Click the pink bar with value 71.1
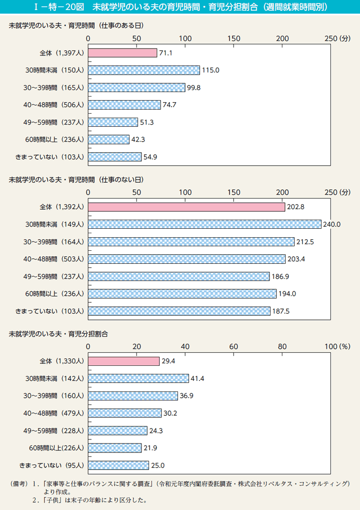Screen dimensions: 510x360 click(x=122, y=53)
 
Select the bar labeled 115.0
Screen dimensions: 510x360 click(x=144, y=70)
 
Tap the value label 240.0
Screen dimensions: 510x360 click(x=331, y=224)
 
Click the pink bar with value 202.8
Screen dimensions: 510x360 click(x=186, y=207)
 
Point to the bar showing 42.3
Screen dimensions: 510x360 click(x=108, y=139)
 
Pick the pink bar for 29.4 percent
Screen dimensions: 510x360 click(x=124, y=361)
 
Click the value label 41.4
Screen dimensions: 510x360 click(x=198, y=378)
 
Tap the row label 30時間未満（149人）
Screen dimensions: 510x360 click(x=55, y=224)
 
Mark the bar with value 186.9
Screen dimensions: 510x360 click(x=178, y=276)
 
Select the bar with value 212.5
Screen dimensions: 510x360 click(x=191, y=242)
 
